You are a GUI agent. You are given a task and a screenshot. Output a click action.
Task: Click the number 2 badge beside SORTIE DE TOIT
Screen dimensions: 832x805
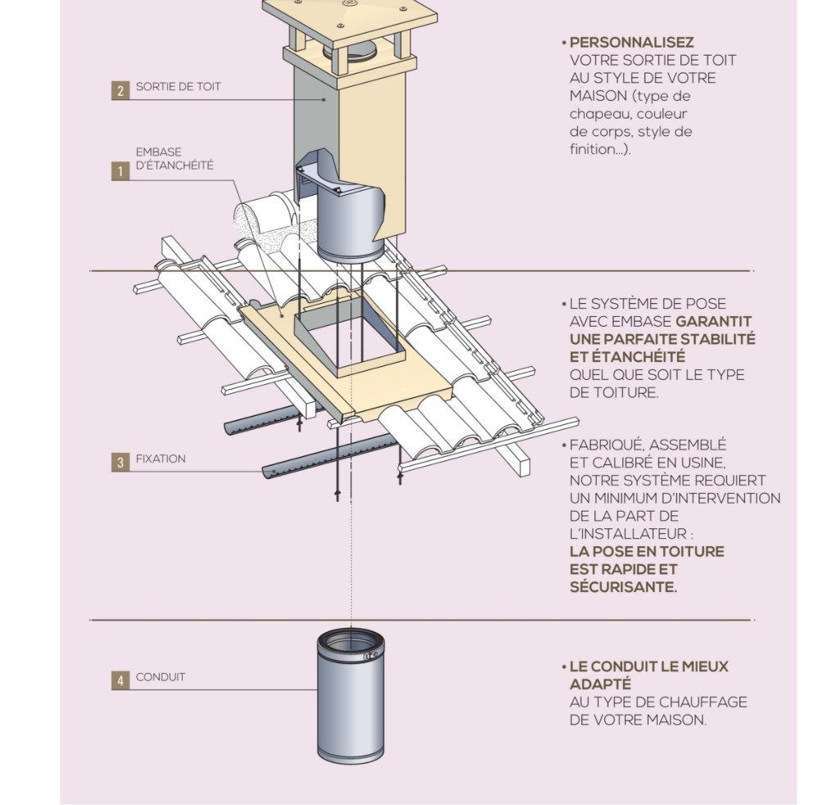pos(120,90)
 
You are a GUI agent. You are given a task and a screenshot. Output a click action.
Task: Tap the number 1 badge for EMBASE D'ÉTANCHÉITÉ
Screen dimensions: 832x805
pos(120,171)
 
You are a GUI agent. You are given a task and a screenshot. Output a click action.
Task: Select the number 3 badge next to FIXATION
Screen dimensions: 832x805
pos(120,462)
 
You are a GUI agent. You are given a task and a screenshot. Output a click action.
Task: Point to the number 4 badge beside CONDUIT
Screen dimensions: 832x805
pos(120,681)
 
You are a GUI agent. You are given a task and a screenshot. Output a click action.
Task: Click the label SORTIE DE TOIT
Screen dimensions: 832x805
pos(179,87)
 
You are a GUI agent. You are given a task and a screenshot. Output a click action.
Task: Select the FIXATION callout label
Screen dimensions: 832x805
pos(161,459)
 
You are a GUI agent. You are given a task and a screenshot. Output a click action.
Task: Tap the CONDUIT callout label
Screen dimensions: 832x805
pos(161,677)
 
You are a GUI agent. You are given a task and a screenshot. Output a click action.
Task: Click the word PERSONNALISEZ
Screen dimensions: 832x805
pos(631,43)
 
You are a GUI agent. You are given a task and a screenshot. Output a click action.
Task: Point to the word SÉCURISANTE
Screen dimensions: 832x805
pos(623,587)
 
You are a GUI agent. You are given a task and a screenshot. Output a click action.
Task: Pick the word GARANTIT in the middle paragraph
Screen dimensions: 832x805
pos(714,322)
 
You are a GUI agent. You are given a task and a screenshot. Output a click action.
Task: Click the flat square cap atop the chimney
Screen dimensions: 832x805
pos(350,21)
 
